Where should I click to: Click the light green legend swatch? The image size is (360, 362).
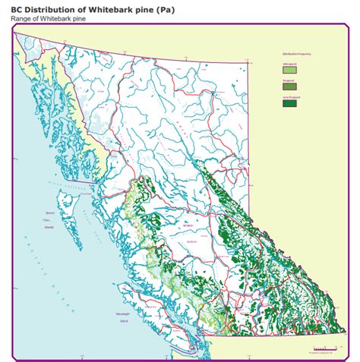(289, 70)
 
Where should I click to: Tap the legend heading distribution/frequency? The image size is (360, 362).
(295, 55)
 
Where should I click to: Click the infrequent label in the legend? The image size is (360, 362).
(289, 64)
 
